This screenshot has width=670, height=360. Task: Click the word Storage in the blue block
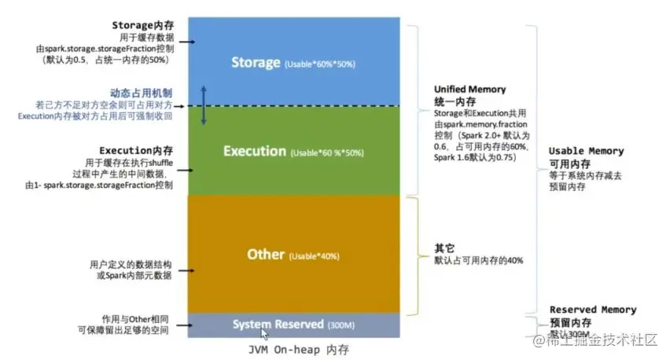tap(256, 62)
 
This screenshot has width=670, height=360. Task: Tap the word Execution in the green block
tap(254, 151)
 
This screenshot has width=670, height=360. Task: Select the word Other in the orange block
tap(266, 255)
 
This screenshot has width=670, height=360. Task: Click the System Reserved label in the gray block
tap(278, 324)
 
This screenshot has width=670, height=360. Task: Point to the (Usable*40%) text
tap(315, 256)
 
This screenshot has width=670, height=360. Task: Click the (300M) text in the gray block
tap(341, 325)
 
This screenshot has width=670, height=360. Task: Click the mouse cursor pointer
tap(265, 333)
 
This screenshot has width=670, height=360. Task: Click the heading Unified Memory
tap(469, 90)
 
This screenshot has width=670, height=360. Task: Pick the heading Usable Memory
tap(586, 151)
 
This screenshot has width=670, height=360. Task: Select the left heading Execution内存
tap(136, 150)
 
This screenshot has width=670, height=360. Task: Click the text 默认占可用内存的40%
tap(479, 260)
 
